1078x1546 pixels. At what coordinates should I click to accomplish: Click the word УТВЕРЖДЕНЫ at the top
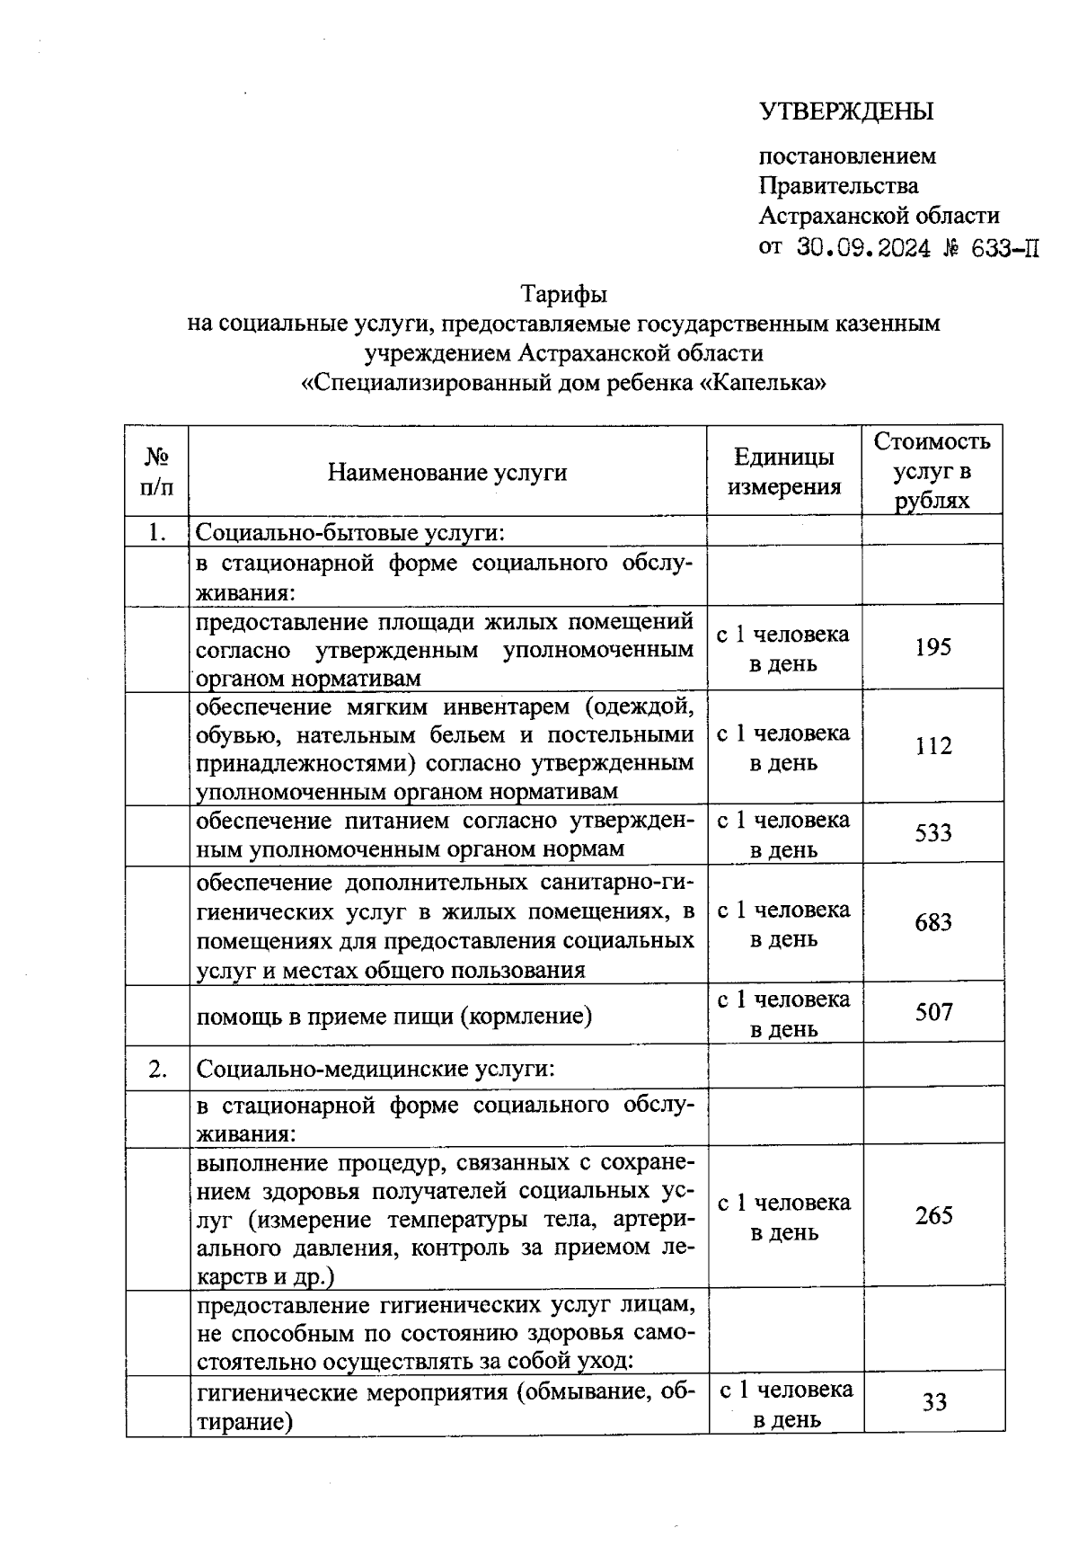(x=846, y=111)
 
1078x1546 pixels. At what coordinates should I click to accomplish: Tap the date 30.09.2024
(x=863, y=247)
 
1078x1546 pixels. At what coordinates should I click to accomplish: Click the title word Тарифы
(x=564, y=294)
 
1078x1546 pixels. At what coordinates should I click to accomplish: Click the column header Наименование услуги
(x=446, y=472)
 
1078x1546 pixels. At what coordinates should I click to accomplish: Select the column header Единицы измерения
(x=783, y=472)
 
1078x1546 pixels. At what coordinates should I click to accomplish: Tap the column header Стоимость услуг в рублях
(x=932, y=471)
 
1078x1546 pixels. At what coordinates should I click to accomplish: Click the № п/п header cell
(x=156, y=472)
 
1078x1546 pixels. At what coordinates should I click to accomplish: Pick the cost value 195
(x=932, y=647)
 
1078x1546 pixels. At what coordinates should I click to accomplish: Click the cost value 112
(x=932, y=746)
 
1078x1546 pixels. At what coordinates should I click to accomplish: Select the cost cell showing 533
(x=932, y=833)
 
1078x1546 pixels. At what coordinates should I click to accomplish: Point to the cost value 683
(x=932, y=923)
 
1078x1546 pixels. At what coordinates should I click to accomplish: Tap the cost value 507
(x=932, y=1013)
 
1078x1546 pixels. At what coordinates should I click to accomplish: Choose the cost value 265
(x=933, y=1216)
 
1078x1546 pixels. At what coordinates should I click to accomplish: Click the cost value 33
(x=934, y=1402)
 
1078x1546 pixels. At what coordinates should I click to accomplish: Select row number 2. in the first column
(x=158, y=1069)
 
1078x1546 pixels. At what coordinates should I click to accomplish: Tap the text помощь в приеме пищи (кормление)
(x=394, y=1016)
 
